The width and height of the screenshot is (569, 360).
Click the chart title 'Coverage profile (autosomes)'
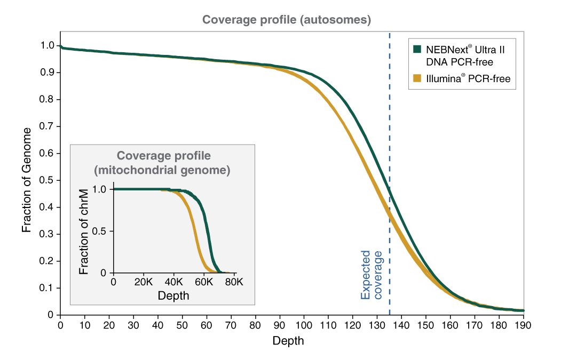286,20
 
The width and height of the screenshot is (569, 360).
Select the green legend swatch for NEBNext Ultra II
417,49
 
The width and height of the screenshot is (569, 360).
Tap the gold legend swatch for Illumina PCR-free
417,79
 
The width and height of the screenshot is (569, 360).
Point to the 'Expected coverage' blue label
372,275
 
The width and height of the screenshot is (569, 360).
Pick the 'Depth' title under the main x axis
288,341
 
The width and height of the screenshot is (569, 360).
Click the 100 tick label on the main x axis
304,325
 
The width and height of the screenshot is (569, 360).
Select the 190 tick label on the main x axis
523,325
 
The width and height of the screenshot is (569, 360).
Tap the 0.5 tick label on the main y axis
47,180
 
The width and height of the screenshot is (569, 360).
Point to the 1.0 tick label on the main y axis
47,46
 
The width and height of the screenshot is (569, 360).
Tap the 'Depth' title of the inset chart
173,295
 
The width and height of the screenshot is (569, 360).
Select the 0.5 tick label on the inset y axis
100,231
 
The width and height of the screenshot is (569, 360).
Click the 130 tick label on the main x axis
377,325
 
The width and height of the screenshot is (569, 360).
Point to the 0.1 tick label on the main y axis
47,288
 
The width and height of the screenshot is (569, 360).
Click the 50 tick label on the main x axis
182,325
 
